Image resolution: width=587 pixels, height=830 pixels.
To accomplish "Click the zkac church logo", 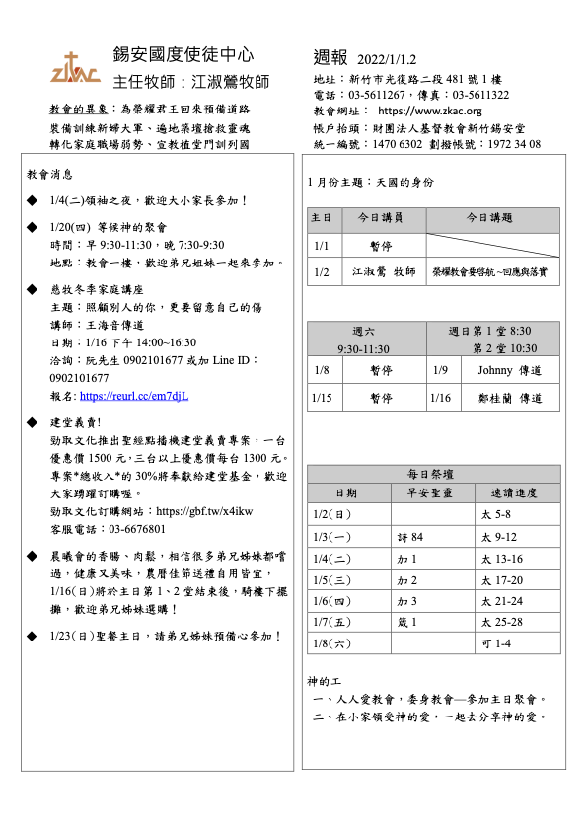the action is (75, 67).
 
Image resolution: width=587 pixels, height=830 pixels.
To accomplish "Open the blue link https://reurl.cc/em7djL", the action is (133, 396).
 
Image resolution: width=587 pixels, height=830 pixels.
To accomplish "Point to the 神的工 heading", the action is (323, 682).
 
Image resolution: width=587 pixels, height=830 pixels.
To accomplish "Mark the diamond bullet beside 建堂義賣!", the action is (33, 422).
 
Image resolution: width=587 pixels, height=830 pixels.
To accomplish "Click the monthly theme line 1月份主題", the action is (370, 183).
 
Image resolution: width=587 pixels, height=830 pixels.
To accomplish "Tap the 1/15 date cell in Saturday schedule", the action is (321, 398).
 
